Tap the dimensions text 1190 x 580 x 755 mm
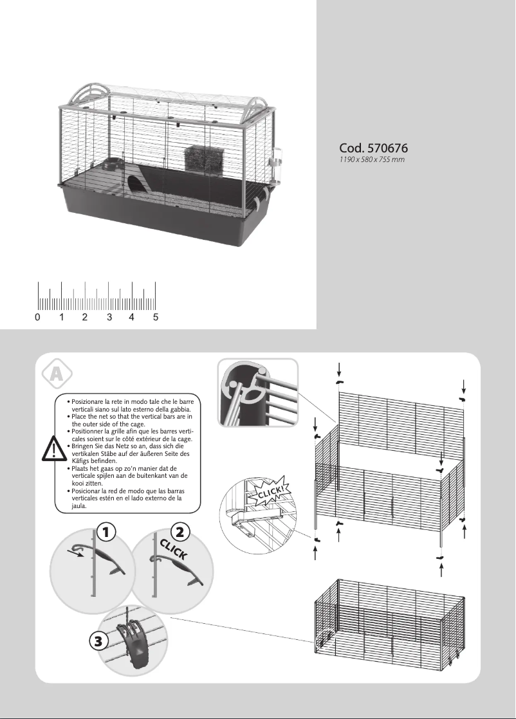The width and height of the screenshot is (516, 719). [x=371, y=158]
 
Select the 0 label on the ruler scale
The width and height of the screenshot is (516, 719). [x=38, y=317]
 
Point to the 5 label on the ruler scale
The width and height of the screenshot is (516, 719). [x=156, y=317]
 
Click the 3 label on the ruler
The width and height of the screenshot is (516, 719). [x=109, y=317]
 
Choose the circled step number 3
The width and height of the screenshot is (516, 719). [x=100, y=642]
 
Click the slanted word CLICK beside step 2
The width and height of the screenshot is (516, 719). [x=174, y=552]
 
